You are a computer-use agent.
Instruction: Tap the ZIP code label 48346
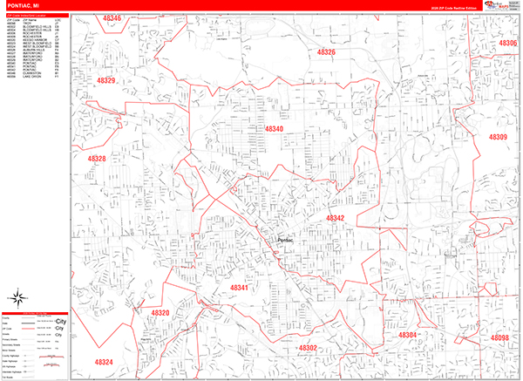(111, 18)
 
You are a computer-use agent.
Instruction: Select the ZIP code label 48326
(325, 53)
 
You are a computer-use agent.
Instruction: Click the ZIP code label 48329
(106, 80)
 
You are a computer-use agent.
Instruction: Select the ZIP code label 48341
(239, 287)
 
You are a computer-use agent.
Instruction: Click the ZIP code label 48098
(499, 337)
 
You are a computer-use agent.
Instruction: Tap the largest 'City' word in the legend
(60, 322)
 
